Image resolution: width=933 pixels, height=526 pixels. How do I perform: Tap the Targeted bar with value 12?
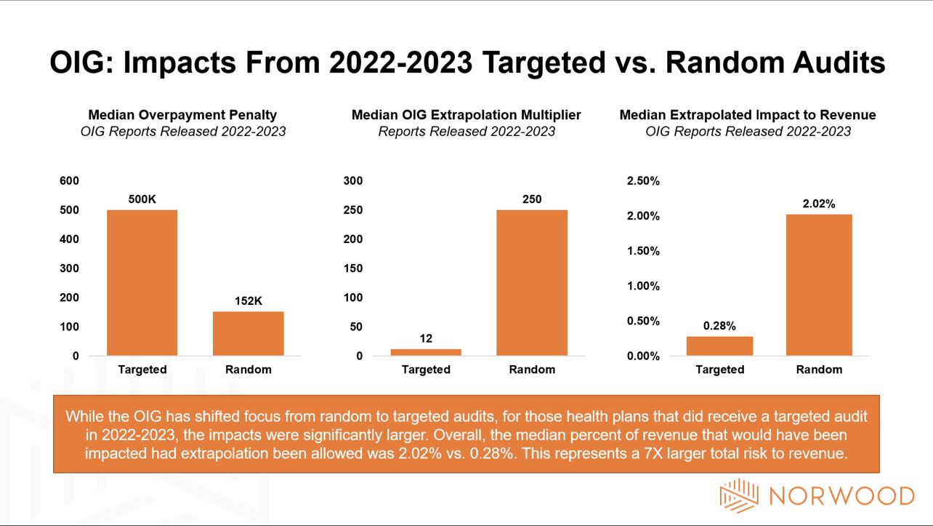[426, 352]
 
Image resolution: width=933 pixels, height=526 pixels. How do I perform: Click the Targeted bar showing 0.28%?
[719, 346]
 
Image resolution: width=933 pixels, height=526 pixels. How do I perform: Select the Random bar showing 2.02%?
[819, 284]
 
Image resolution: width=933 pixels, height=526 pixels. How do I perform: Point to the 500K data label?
[142, 199]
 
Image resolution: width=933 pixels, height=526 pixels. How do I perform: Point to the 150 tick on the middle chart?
[353, 268]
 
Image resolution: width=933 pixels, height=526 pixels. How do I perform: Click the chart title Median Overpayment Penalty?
[182, 115]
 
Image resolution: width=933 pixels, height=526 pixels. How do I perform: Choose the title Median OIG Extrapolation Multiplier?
[466, 115]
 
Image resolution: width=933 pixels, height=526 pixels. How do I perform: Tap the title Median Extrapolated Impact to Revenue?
[748, 115]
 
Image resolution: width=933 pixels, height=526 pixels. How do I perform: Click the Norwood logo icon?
[738, 495]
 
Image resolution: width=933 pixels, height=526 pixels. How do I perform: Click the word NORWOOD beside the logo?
[841, 496]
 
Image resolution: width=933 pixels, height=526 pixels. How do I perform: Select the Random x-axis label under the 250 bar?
[532, 370]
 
